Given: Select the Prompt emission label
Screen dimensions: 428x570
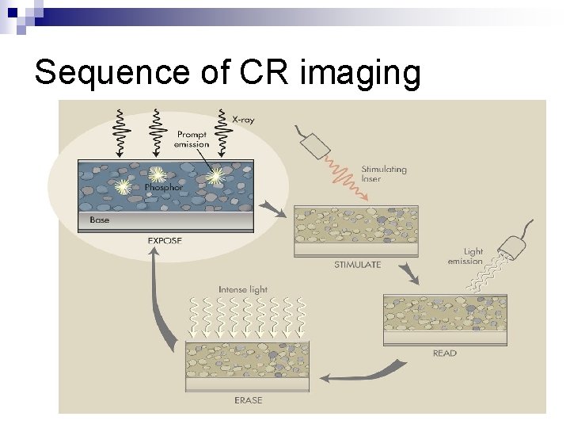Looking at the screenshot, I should click(192, 139).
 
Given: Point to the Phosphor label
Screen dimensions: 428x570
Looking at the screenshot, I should click(162, 188).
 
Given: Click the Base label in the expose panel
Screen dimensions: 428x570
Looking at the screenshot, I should click(100, 220).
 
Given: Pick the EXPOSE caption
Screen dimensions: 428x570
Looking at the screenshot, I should click(165, 240).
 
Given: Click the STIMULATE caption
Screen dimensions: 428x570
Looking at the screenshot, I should click(357, 265).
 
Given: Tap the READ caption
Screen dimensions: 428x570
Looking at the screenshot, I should click(444, 353).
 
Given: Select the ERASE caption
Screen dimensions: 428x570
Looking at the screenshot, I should click(248, 400).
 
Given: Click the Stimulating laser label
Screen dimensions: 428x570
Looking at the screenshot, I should click(384, 174).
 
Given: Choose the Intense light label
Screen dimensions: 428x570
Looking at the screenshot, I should click(243, 290).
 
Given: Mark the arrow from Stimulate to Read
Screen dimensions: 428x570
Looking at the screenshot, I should click(409, 275).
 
